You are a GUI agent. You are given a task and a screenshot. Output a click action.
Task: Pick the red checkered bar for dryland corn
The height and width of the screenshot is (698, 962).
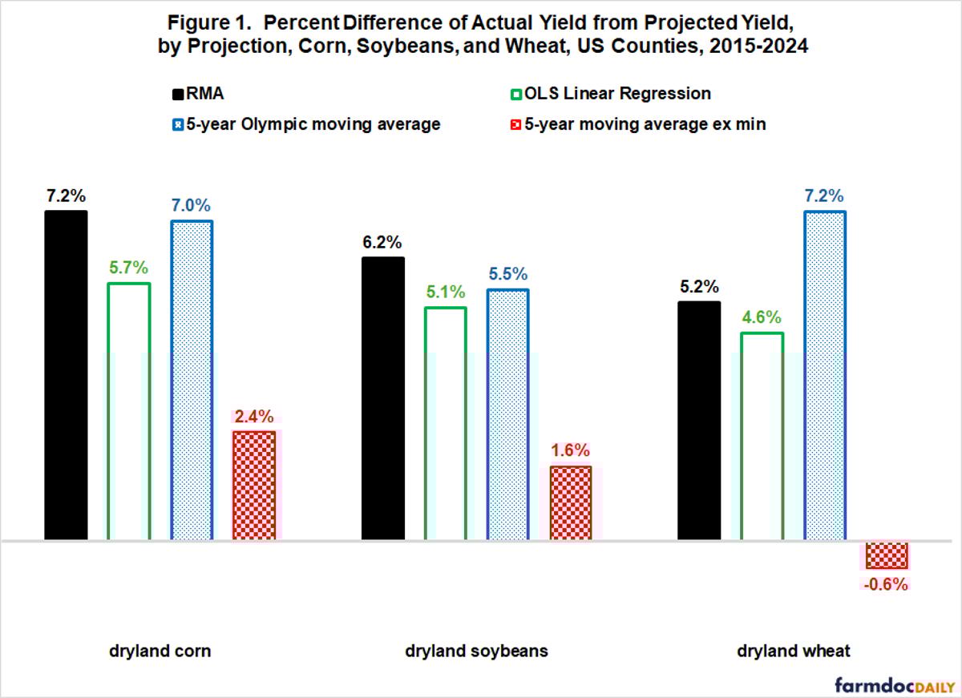[x=254, y=485]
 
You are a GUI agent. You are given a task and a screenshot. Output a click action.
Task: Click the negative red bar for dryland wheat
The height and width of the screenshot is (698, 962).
[x=886, y=555]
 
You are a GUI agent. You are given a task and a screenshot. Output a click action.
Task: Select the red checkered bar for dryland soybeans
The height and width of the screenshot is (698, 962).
[x=571, y=502]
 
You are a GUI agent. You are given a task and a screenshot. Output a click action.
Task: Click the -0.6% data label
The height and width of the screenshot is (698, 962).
[x=886, y=584]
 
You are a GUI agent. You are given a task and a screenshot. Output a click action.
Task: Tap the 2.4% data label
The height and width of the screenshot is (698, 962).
[x=254, y=417]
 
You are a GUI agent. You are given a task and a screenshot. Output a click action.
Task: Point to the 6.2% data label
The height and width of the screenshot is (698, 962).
[x=382, y=243]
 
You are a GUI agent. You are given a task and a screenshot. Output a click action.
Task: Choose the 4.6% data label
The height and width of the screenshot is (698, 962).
[x=762, y=317]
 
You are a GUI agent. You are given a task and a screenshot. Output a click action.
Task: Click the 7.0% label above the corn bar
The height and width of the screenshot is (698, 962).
[x=191, y=205]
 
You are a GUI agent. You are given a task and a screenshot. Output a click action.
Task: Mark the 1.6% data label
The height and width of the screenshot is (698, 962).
[x=570, y=450]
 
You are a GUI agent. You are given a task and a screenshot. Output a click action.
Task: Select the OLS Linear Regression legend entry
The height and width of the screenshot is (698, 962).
[x=609, y=94]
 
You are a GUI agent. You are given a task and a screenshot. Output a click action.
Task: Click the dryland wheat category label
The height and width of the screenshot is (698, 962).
[x=793, y=651]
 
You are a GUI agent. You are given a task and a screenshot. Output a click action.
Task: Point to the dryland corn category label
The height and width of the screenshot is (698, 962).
[x=160, y=651]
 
